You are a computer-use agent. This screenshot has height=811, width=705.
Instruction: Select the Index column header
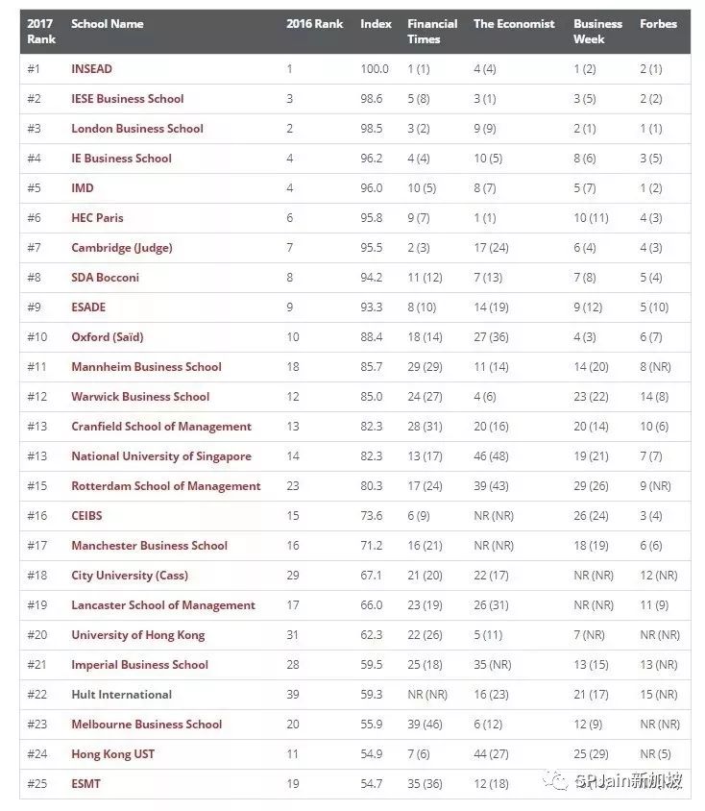coord(376,24)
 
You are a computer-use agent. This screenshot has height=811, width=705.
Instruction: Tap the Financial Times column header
coord(432,32)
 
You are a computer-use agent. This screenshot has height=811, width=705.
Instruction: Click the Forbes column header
coord(658,24)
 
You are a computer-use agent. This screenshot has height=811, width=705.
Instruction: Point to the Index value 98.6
coord(374,99)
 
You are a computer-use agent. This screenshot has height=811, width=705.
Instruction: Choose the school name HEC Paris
coord(97,218)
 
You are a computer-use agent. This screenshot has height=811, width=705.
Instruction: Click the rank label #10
coord(37,337)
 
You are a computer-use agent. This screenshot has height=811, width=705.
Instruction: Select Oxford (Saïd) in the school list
coord(107,337)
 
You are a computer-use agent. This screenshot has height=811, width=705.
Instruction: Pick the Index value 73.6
coord(374,516)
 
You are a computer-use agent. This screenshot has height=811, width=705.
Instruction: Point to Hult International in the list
coord(121,695)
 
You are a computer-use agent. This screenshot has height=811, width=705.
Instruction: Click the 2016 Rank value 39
coord(293,695)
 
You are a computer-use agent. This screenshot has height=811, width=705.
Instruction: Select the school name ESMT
coord(85,784)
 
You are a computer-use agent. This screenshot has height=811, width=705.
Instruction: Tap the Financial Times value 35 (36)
coord(425,784)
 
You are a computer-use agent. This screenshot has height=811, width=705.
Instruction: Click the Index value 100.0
coord(375,69)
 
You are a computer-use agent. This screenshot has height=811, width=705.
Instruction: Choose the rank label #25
coord(37,784)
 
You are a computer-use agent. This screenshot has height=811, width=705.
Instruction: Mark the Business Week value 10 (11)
coord(592,218)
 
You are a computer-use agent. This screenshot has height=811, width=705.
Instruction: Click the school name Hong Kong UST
coord(112,754)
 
